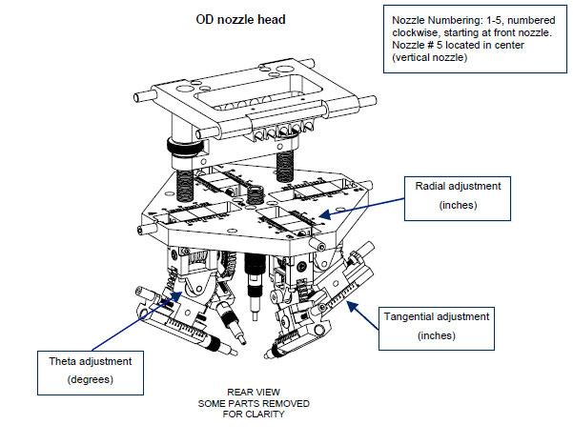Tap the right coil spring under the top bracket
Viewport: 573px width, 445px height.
click(x=283, y=164)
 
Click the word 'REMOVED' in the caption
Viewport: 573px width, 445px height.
click(x=282, y=403)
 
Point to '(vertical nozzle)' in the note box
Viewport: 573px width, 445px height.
click(x=431, y=58)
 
